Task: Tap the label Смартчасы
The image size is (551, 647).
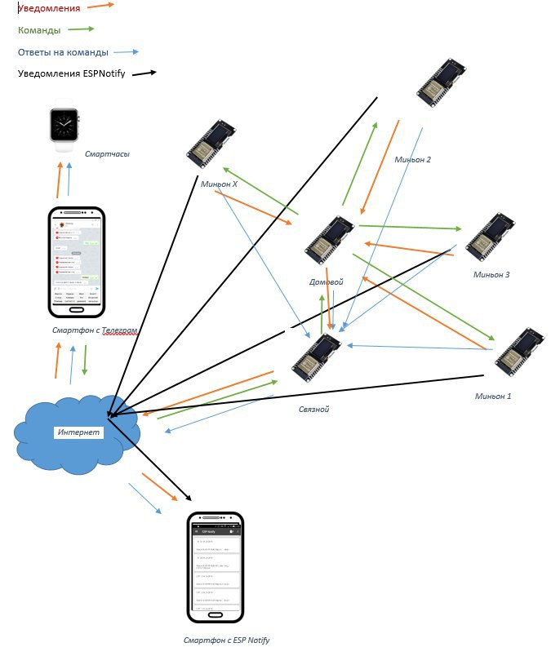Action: [x=107, y=153]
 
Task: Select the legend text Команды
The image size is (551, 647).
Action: [x=39, y=30]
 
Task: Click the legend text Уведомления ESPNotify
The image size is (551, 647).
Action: [x=71, y=74]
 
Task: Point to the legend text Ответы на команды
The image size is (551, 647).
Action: [x=63, y=52]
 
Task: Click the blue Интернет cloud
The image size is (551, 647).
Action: [x=78, y=432]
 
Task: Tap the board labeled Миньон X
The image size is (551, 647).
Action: [x=211, y=144]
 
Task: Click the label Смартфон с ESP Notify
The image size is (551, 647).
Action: [x=227, y=640]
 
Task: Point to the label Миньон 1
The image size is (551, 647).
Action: [x=493, y=397]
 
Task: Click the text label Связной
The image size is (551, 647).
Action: [x=313, y=409]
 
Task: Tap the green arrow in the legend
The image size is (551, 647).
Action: [x=81, y=29]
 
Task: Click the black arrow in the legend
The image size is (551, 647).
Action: [x=144, y=73]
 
